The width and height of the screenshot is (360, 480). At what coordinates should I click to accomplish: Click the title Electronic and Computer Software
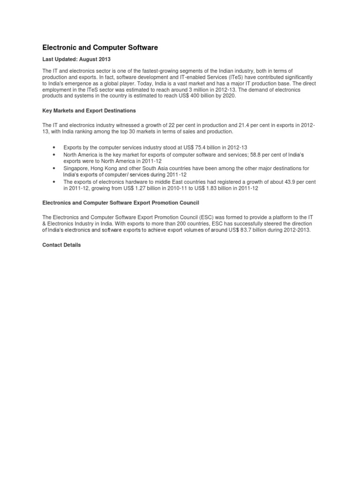click(x=100, y=47)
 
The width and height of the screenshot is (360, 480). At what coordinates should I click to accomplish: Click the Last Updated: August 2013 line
click(x=76, y=60)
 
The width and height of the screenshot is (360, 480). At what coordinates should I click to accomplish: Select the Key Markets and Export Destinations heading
click(x=89, y=111)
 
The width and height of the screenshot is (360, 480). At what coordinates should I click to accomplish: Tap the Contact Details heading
click(x=61, y=245)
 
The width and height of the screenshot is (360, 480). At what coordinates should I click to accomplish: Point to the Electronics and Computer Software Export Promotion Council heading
click(x=121, y=202)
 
